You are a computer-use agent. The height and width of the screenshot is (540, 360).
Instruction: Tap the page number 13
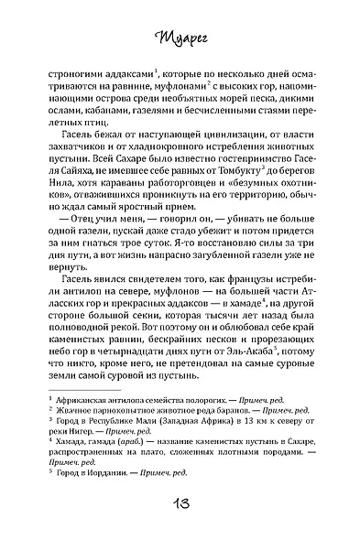tap(180, 510)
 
